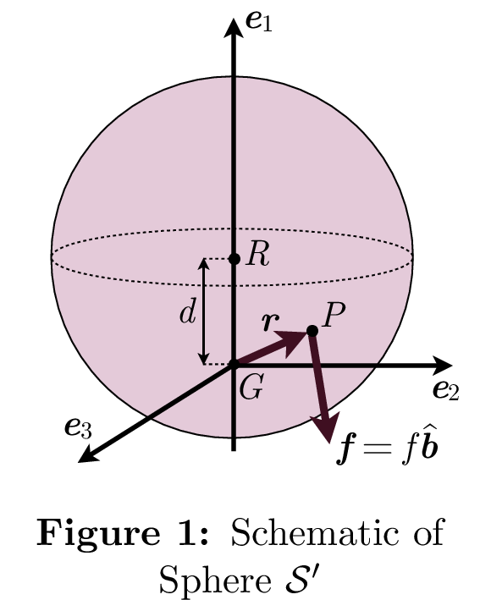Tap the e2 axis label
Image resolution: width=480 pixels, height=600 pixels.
click(446, 390)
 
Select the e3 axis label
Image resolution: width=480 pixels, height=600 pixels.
click(79, 427)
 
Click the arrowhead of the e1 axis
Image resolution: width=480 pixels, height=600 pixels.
click(234, 28)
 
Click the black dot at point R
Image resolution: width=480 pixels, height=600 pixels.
click(234, 259)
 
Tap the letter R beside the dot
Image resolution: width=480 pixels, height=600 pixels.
click(258, 254)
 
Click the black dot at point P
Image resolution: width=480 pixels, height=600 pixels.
click(312, 331)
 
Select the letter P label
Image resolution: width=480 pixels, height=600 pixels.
click(334, 315)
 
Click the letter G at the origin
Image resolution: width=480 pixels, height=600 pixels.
click(251, 387)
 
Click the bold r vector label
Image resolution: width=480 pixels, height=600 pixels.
click(272, 322)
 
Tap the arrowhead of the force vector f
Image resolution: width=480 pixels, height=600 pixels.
click(326, 427)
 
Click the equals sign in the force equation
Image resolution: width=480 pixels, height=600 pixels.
click(377, 448)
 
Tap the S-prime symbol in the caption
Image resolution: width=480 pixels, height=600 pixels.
click(301, 579)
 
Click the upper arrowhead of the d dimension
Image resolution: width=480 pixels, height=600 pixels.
click(204, 264)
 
